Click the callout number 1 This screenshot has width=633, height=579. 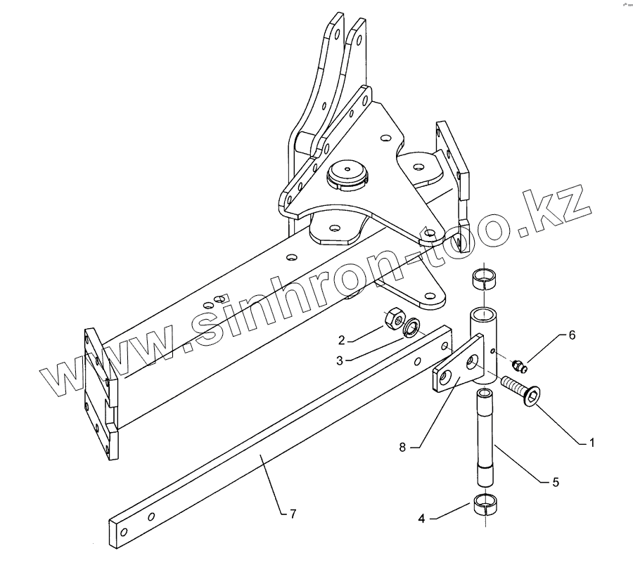[x=592, y=443]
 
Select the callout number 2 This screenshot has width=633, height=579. [x=342, y=340]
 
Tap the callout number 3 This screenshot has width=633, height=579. [x=340, y=360]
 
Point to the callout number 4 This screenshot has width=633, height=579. [x=421, y=518]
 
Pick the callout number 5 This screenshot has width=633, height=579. [x=556, y=482]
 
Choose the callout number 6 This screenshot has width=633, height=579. [x=572, y=335]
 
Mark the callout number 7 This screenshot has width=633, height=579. [x=293, y=514]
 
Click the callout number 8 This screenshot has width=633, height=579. [x=402, y=447]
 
